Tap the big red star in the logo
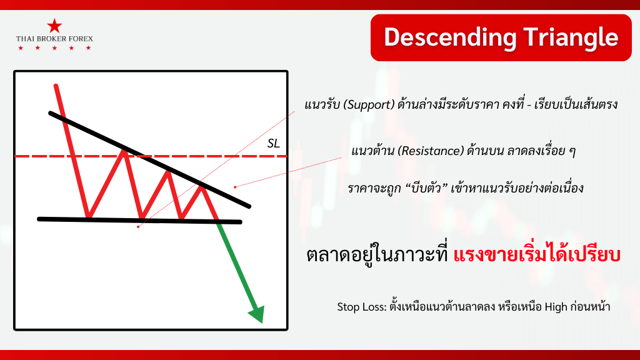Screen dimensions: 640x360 point(54,26)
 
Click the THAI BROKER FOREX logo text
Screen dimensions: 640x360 point(54,39)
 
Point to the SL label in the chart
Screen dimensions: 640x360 point(274,144)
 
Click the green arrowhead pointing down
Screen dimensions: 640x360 point(257,314)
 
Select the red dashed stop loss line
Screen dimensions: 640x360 point(151,156)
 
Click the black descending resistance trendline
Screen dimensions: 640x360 point(149,159)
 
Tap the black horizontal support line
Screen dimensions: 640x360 point(139,221)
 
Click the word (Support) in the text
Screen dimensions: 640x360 point(369,105)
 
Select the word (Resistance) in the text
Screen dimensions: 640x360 point(431,151)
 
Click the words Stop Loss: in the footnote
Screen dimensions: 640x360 point(362,307)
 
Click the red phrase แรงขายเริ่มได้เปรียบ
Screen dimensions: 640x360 point(537,255)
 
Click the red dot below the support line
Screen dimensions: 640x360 point(138,226)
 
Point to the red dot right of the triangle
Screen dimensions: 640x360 point(235,187)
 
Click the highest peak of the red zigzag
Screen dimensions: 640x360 point(123,151)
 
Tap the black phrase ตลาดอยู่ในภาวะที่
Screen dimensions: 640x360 point(377,255)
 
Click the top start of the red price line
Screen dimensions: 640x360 point(56,86)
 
